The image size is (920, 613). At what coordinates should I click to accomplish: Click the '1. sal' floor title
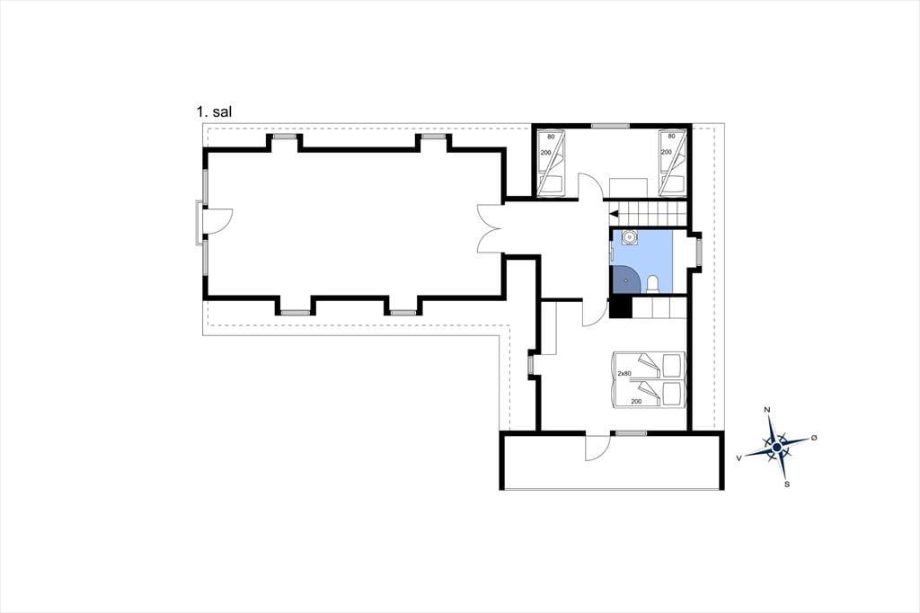tap(214, 112)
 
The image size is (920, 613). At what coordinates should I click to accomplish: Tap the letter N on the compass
tap(767, 410)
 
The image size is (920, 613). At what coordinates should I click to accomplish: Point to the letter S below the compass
tap(787, 484)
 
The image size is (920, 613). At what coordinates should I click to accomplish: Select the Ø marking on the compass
tap(814, 438)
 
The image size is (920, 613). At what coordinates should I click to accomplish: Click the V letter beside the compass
tap(739, 457)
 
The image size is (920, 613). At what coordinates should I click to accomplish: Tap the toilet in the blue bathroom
tap(652, 285)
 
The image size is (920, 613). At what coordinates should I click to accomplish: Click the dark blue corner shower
tap(625, 279)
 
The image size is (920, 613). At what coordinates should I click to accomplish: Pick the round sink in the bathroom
tap(630, 237)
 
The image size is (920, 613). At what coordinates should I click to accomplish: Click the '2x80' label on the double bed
tap(624, 373)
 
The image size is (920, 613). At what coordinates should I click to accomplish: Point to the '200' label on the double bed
tap(636, 402)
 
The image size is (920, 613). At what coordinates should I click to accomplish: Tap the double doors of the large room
tap(489, 228)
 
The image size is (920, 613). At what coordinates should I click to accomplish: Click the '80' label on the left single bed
tap(551, 137)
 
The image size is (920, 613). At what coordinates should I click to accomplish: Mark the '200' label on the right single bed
tap(667, 152)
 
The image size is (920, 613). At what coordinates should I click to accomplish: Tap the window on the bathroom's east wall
tap(698, 251)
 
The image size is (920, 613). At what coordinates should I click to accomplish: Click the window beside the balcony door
tap(631, 433)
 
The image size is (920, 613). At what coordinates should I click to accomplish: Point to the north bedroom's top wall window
tap(610, 126)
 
